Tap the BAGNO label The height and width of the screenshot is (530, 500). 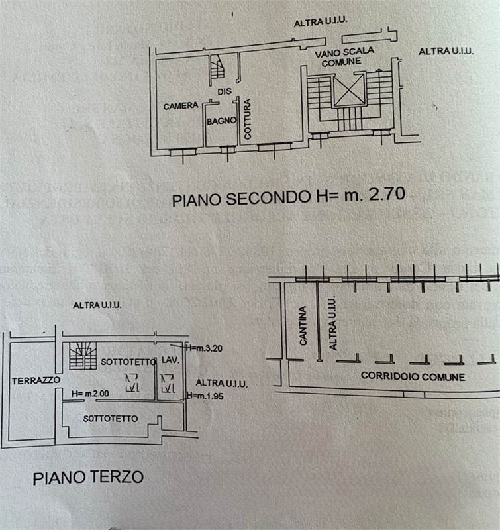coord(221,121)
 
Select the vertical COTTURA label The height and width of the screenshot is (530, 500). coord(247,119)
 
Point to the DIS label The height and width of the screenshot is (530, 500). coord(224,92)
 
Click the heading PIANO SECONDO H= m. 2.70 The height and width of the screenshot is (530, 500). coord(288,198)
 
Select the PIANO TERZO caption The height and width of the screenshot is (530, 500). coord(88,477)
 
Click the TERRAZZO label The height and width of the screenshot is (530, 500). coord(36,380)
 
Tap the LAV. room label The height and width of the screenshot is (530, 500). coord(168,361)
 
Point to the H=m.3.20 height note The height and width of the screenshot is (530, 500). coord(205,347)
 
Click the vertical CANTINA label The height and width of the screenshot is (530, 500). coord(303,325)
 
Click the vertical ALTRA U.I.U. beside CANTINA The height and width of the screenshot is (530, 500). coord(333,323)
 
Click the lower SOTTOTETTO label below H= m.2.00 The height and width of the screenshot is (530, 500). coord(111,419)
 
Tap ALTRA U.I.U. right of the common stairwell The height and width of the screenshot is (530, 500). coord(446,51)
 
